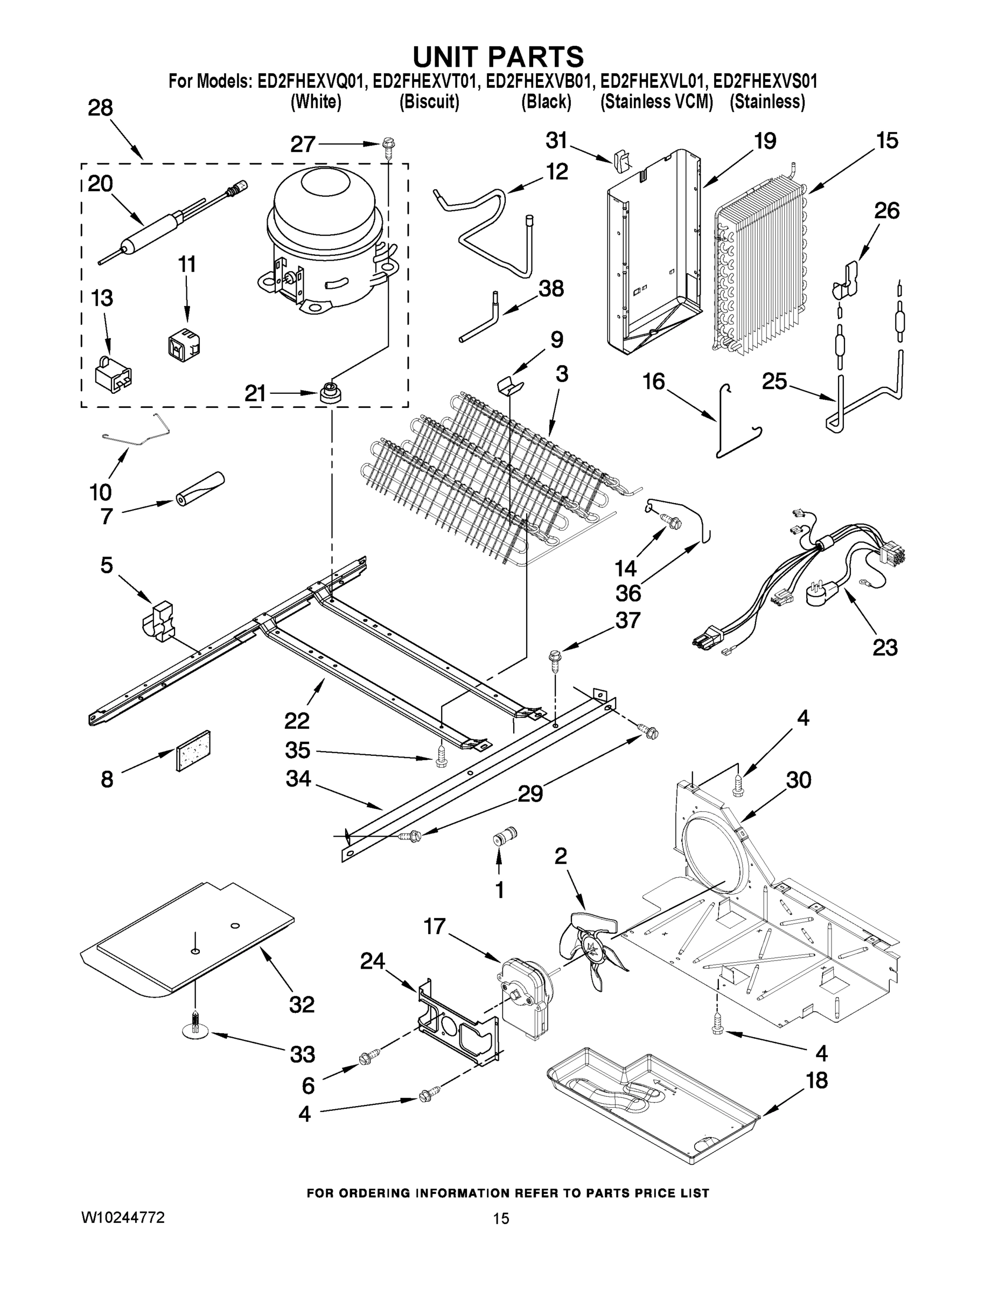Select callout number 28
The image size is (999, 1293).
100,108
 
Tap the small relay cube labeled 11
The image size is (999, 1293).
184,345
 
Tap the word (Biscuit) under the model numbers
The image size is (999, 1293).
429,102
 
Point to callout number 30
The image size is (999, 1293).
797,780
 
